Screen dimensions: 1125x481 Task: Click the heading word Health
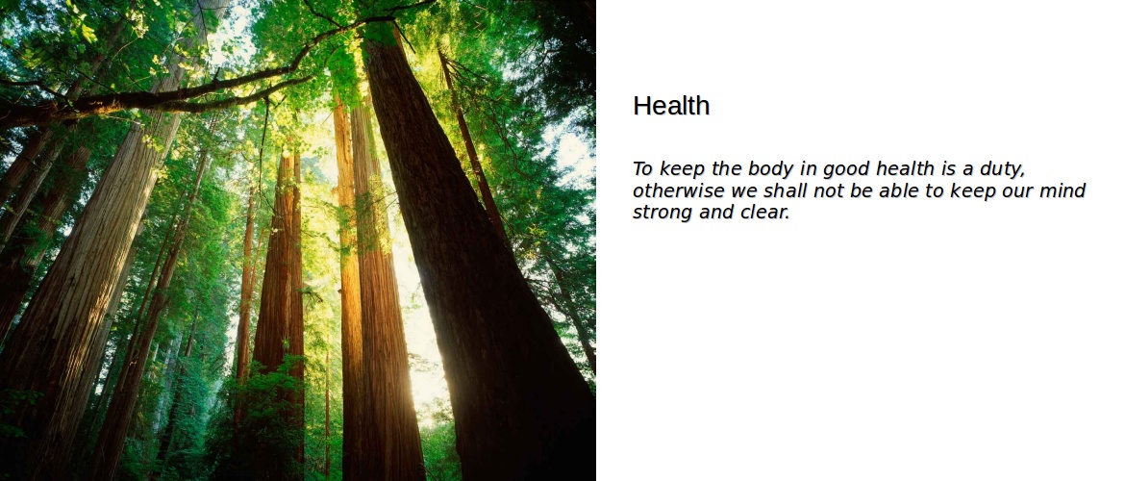[671, 106]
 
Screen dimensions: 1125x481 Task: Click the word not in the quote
[829, 191]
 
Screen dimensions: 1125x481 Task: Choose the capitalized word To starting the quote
[643, 168]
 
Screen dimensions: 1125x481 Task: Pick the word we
[744, 191]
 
